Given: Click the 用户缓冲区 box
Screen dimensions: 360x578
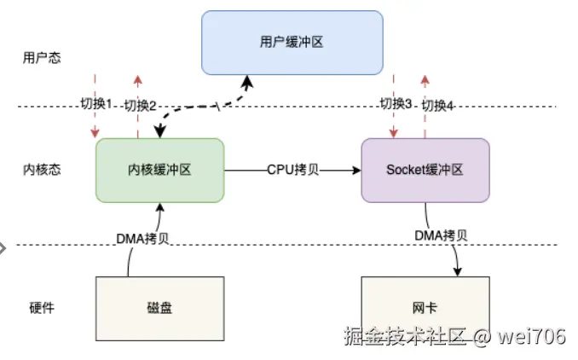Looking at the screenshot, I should pyautogui.click(x=292, y=42).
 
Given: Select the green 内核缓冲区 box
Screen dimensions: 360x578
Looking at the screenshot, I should pyautogui.click(x=159, y=170).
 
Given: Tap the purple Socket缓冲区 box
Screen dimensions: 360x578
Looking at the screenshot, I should pyautogui.click(x=425, y=170).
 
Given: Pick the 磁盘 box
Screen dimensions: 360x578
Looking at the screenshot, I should pyautogui.click(x=159, y=307).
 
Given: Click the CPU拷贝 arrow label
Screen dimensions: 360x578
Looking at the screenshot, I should pyautogui.click(x=292, y=170).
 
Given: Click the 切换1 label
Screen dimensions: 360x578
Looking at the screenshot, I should pyautogui.click(x=96, y=104).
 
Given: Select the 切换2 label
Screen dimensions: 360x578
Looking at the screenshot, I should pyautogui.click(x=140, y=106).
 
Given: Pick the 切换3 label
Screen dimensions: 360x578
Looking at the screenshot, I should pyautogui.click(x=396, y=104).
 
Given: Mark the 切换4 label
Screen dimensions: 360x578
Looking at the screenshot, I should pyautogui.click(x=438, y=106).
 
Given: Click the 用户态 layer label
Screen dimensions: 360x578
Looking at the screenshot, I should pyautogui.click(x=43, y=58).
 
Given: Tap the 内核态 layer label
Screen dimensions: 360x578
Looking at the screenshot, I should pyautogui.click(x=43, y=170).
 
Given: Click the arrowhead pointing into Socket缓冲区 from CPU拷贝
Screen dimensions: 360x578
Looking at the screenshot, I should pyautogui.click(x=356, y=170).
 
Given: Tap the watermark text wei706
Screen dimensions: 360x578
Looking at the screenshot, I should pyautogui.click(x=533, y=337).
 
